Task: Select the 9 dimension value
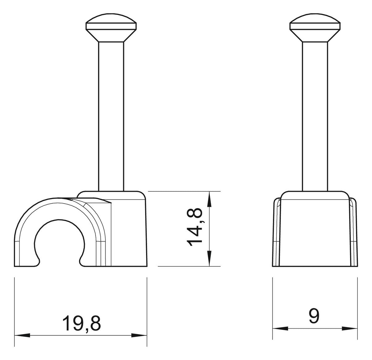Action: [x=314, y=316]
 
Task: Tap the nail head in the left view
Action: [x=111, y=27]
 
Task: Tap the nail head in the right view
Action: [x=315, y=27]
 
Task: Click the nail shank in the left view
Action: [x=111, y=116]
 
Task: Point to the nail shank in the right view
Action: [x=315, y=116]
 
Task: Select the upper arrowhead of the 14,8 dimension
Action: [x=209, y=199]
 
